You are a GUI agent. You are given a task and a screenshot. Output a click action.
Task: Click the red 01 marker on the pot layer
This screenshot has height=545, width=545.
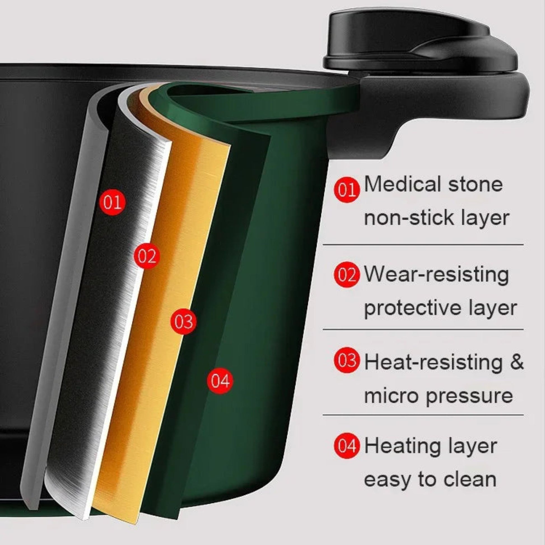coord(113,202)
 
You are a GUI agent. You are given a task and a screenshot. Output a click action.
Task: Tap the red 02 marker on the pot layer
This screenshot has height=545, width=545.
coord(147,256)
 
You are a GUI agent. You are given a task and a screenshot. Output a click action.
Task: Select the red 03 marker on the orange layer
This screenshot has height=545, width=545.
coord(184,321)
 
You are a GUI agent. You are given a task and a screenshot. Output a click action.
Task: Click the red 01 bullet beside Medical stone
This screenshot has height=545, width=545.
coord(347,190)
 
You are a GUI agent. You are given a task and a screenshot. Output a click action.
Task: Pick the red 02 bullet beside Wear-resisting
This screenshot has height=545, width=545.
coord(347,275)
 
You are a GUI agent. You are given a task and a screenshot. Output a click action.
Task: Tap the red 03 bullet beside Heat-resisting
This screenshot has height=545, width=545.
coord(347,360)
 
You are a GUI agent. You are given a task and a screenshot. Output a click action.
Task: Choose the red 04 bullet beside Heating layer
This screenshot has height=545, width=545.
coord(347,446)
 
